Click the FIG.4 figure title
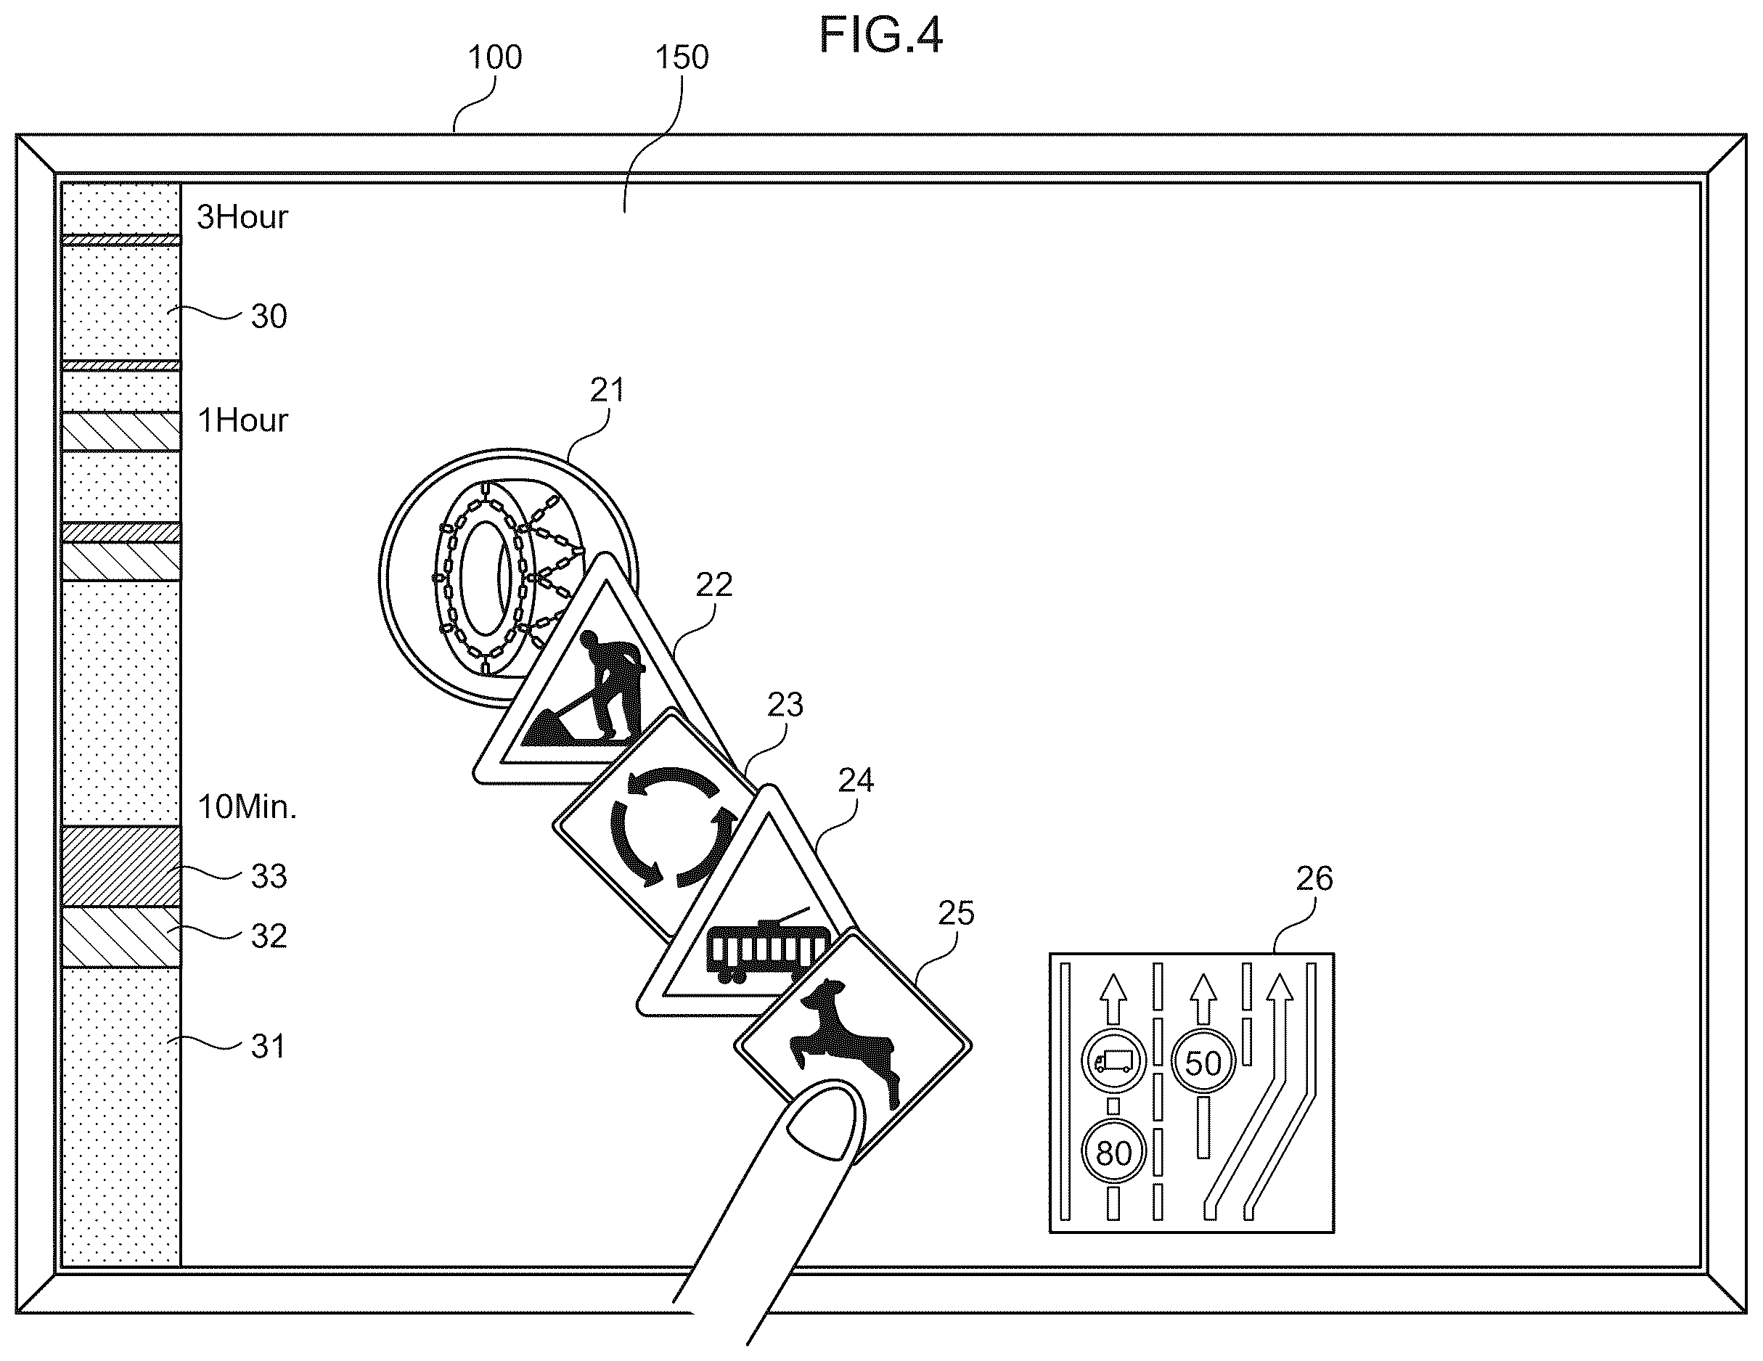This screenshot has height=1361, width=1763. [880, 36]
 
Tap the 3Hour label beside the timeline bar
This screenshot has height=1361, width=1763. [242, 217]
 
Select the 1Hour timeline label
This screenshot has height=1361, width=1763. [242, 420]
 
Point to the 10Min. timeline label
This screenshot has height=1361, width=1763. [247, 807]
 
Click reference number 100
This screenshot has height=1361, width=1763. [495, 57]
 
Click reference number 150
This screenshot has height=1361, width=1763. [682, 57]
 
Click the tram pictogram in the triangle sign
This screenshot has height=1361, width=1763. [768, 946]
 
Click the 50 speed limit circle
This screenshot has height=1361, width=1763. [1203, 1063]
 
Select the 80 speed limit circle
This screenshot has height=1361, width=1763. [1113, 1152]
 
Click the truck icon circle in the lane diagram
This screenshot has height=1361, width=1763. [1113, 1060]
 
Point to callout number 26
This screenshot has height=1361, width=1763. [1314, 878]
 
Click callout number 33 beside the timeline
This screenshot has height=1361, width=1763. [269, 877]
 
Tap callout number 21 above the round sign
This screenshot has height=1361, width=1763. [607, 391]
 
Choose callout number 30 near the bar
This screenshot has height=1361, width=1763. [269, 316]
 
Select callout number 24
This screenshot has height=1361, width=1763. [856, 780]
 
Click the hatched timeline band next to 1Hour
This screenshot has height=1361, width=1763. [121, 431]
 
